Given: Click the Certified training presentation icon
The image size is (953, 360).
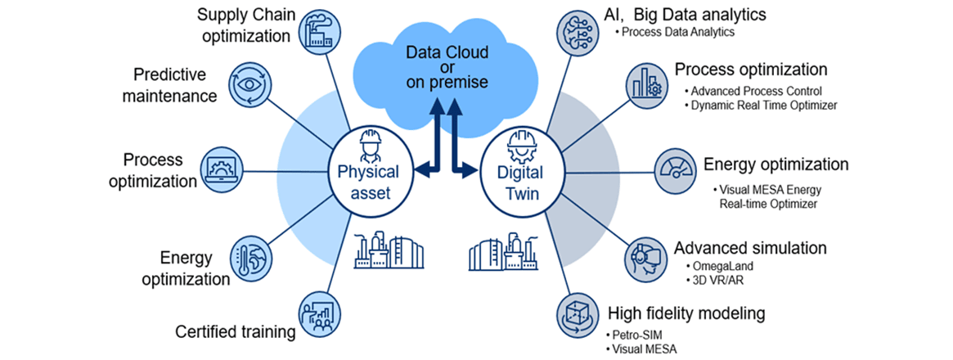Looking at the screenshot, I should (x=321, y=313).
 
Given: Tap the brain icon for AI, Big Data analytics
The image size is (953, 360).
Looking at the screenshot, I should (x=576, y=29).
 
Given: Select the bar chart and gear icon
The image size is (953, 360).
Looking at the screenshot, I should (x=645, y=83).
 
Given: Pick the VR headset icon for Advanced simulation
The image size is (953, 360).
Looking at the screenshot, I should (x=645, y=257).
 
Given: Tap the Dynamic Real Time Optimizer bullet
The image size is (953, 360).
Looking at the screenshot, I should (x=763, y=105).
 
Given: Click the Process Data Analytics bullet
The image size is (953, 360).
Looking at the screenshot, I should (x=677, y=33).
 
